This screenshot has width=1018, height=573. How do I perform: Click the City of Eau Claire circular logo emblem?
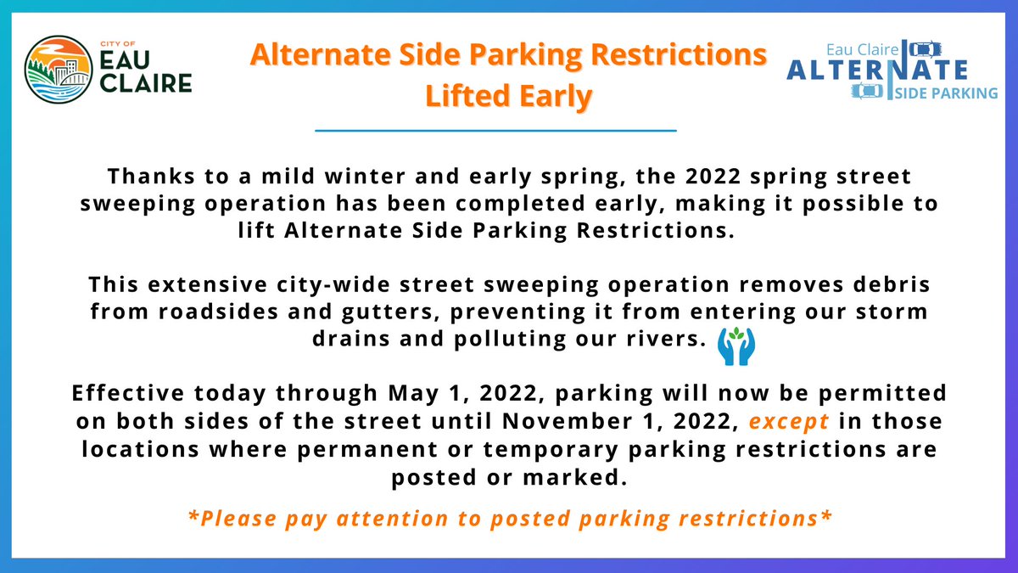tap(60, 69)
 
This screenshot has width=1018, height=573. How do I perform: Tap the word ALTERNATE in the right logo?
tap(876, 69)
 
